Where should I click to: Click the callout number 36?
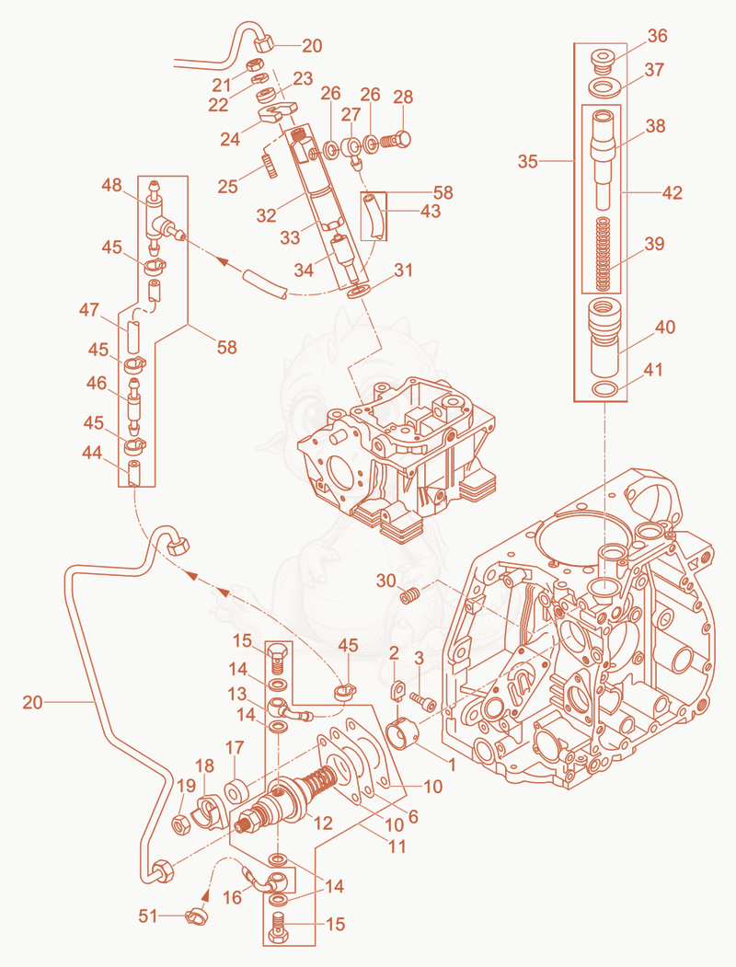657,36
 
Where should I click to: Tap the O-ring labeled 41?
604,390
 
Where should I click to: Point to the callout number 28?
403,98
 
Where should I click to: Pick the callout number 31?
404,271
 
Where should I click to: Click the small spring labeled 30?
410,595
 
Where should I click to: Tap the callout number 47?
88,309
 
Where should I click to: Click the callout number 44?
92,454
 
